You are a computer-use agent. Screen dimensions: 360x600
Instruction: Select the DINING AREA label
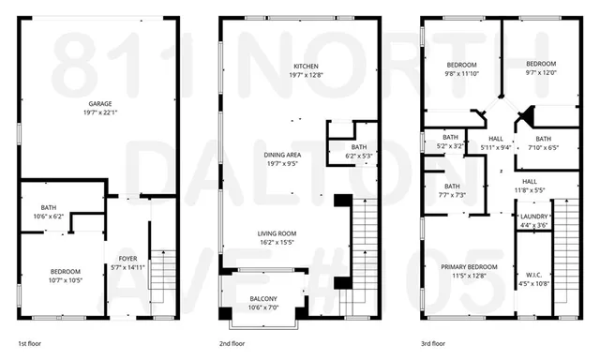(x=300, y=154)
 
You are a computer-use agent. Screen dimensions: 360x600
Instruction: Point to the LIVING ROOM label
(x=277, y=233)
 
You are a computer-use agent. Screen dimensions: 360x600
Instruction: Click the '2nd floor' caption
(x=234, y=344)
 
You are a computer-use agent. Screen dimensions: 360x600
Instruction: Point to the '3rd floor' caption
(x=434, y=344)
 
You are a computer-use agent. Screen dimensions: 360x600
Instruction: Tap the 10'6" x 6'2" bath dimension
(x=50, y=217)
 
